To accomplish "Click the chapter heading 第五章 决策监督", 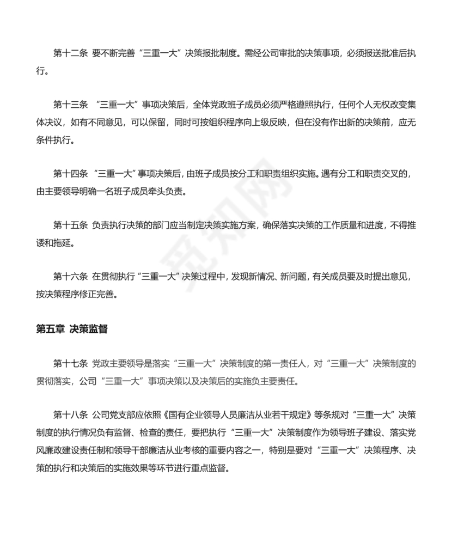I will tap(71, 329).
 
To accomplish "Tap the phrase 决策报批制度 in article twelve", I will tap(212, 54).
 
